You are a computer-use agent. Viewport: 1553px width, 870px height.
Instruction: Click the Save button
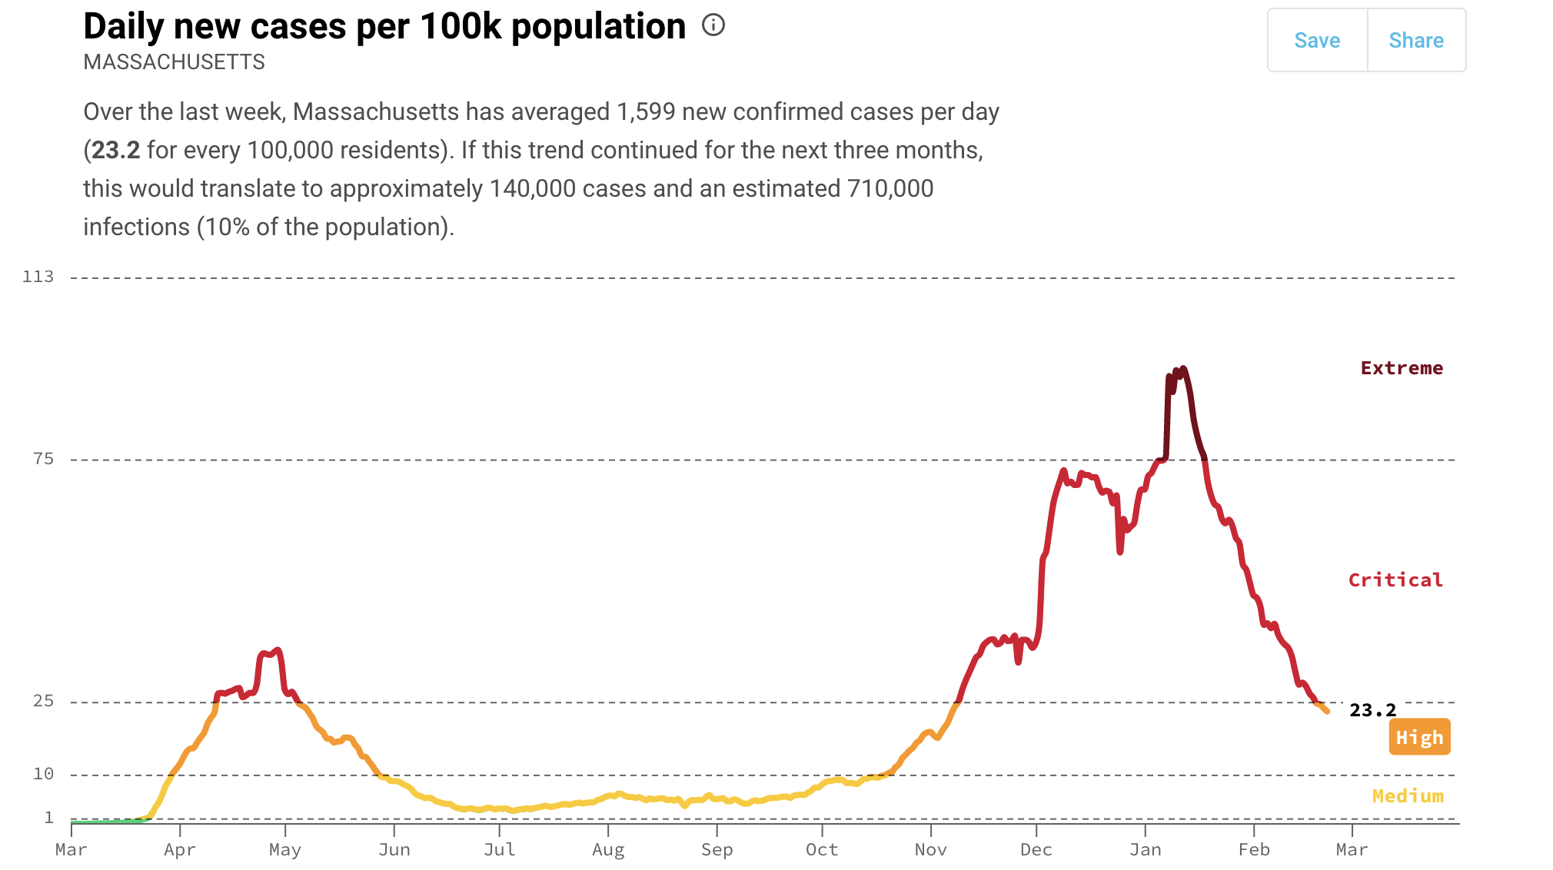[1317, 41]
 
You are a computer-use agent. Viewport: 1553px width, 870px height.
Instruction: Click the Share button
[1416, 41]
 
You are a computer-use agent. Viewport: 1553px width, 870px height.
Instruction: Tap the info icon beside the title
[713, 25]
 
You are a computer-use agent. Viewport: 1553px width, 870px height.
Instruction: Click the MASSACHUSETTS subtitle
[174, 62]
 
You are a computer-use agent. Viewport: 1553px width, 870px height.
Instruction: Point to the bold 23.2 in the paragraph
[115, 150]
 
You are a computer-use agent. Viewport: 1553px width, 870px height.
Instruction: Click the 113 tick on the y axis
[38, 277]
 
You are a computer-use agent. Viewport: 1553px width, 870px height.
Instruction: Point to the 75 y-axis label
[44, 459]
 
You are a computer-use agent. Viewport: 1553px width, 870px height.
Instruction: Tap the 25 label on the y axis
[44, 701]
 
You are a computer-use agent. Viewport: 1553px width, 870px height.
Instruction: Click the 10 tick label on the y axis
[44, 774]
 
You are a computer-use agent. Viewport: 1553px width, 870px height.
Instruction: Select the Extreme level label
[1402, 368]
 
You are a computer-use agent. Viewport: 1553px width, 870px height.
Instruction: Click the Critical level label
[1395, 580]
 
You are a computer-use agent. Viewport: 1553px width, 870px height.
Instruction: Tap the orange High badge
[1419, 737]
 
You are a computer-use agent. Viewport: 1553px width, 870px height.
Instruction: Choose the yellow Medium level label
[1408, 796]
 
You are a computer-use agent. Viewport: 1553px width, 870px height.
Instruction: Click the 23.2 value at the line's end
[1372, 710]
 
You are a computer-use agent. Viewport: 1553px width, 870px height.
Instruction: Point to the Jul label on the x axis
[500, 849]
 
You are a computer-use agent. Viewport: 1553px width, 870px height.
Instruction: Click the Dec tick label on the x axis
[1036, 849]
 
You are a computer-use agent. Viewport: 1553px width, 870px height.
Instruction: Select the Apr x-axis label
[180, 850]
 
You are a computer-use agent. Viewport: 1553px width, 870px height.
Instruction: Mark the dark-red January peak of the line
[1183, 369]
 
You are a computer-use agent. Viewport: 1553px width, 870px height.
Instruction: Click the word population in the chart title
[598, 28]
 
